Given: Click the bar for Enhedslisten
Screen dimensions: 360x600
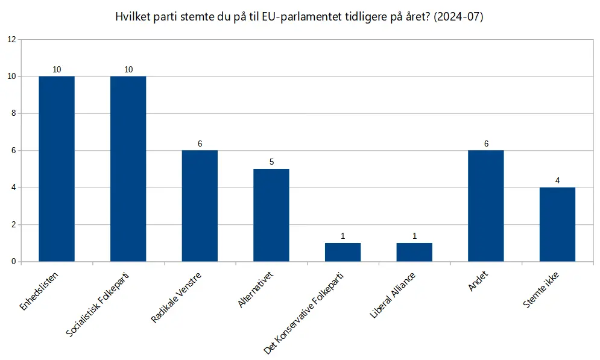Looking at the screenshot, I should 57,169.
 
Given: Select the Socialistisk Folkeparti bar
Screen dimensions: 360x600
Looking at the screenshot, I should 128,169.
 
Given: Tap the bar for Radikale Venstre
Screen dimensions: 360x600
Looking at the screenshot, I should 200,206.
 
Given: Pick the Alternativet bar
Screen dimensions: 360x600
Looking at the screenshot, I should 271,215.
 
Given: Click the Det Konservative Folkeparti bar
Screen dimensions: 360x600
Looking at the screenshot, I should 343,252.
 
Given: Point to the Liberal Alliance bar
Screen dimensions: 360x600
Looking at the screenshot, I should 414,252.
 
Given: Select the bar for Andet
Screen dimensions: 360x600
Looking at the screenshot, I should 486,206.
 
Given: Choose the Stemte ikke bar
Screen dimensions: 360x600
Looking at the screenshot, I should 557,224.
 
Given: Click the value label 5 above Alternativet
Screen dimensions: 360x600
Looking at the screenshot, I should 271,162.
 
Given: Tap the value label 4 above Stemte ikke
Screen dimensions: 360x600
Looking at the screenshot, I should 557,180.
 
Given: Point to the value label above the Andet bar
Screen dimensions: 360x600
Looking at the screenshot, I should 486,144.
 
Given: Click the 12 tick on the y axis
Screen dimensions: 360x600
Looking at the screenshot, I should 11,40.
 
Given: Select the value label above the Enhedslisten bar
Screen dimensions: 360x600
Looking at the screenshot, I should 57,69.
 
